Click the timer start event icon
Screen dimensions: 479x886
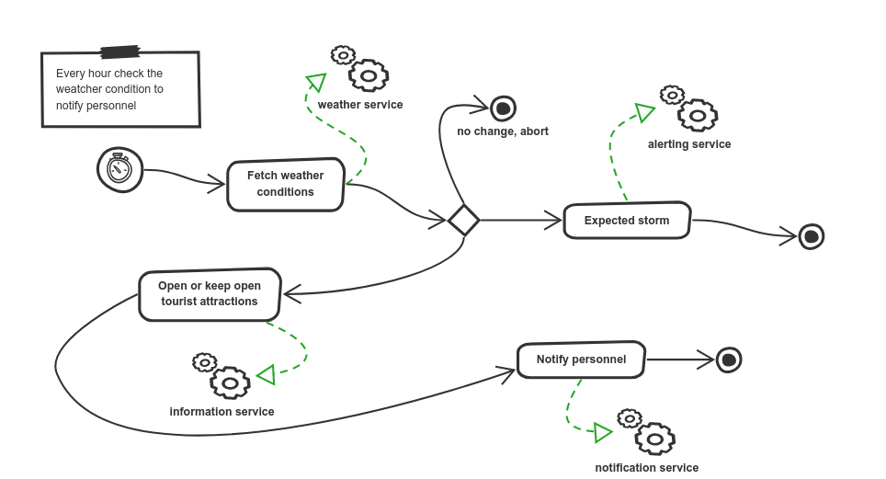tap(120, 170)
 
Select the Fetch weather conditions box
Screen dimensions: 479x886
tap(286, 184)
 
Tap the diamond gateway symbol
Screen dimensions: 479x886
tap(462, 220)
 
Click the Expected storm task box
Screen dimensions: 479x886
tap(626, 221)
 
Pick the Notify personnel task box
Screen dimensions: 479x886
tap(581, 359)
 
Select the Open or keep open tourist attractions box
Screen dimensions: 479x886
tap(210, 294)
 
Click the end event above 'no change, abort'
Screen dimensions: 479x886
tap(503, 109)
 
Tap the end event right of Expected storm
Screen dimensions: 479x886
tap(811, 236)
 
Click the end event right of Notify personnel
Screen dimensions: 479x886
tap(729, 359)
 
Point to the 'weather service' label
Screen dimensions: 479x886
tap(360, 105)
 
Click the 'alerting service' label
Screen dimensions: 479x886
tap(689, 144)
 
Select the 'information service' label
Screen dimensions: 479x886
tap(221, 412)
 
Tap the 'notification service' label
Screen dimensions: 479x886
tap(646, 468)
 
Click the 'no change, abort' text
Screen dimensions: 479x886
tap(503, 131)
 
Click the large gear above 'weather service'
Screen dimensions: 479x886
tap(369, 74)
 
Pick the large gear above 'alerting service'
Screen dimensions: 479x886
tap(699, 115)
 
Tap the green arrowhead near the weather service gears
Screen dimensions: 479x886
tap(316, 83)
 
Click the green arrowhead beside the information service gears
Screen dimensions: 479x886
tap(267, 375)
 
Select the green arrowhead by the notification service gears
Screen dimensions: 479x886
tap(603, 432)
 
